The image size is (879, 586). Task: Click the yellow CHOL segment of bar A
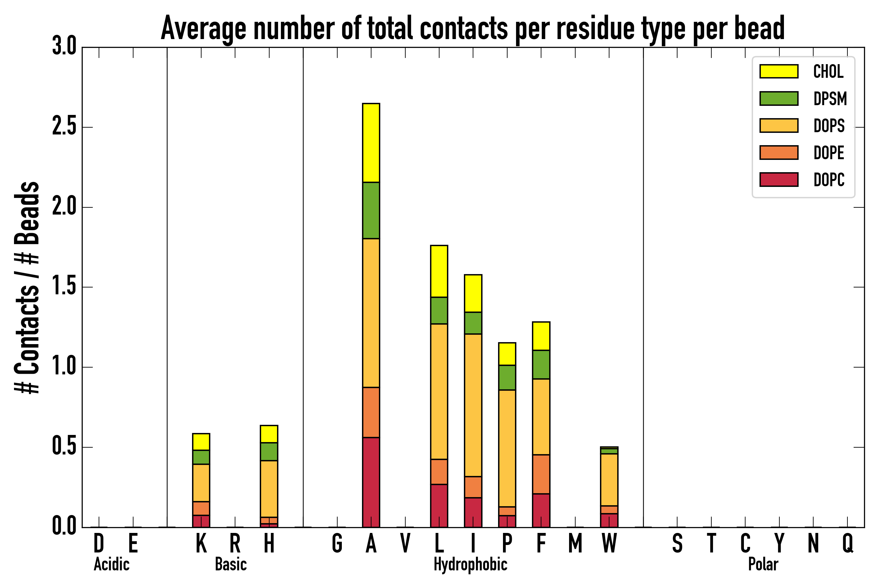click(x=371, y=143)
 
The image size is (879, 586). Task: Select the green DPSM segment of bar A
click(x=371, y=210)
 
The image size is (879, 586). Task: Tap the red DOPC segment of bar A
click(x=371, y=482)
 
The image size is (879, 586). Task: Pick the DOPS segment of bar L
click(x=439, y=391)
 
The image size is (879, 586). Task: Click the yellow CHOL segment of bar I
click(x=473, y=293)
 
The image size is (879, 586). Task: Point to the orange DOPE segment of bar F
click(x=541, y=474)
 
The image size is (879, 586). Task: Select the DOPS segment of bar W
click(x=609, y=480)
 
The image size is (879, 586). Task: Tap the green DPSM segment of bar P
click(x=507, y=377)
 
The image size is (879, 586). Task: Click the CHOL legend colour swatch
click(x=778, y=71)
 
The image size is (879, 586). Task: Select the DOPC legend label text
click(x=829, y=180)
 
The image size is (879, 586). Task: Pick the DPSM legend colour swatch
click(x=778, y=99)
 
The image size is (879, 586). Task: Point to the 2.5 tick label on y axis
click(x=64, y=127)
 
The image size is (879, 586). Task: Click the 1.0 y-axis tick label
click(x=64, y=367)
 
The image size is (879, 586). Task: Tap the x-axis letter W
click(x=609, y=543)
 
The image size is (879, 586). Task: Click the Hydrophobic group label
click(x=470, y=564)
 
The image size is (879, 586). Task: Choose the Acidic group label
click(x=111, y=564)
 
